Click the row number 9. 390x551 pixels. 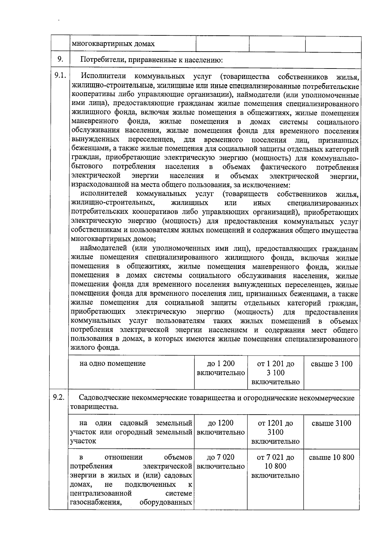60,59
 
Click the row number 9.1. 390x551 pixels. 60,76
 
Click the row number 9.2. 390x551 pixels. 59,397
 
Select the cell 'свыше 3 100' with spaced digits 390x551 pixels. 331,364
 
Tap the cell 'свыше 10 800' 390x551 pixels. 331,457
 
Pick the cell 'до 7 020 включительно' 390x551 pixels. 220,462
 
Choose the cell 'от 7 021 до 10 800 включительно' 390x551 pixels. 275,466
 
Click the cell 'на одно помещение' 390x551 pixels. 112,364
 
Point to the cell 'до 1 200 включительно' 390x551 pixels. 221,368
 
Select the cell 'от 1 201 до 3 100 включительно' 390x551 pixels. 275,373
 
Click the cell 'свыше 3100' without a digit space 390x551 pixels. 331,423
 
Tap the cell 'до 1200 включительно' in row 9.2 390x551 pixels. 220,428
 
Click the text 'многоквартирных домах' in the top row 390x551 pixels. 113,44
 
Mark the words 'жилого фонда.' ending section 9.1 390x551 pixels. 95,348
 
